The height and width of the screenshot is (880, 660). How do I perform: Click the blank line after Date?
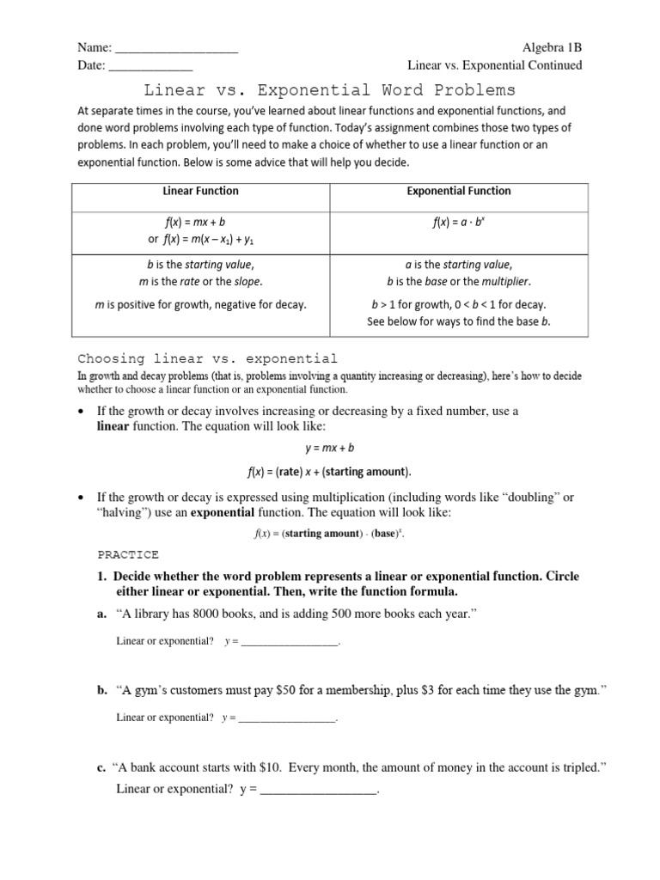coord(150,66)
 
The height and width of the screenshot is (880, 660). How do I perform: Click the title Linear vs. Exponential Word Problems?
coord(330,89)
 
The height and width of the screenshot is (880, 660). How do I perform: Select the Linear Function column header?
coord(200,191)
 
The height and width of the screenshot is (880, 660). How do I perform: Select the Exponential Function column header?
coord(458,191)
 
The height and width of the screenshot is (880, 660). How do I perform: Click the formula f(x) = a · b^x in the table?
coord(458,222)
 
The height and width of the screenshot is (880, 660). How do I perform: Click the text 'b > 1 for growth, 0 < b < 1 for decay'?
coord(458,304)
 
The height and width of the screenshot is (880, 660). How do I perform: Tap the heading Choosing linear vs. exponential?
coord(208,358)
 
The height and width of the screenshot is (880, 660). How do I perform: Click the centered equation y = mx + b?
coord(330,447)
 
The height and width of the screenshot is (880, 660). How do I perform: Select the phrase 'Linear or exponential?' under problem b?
coord(165,718)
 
